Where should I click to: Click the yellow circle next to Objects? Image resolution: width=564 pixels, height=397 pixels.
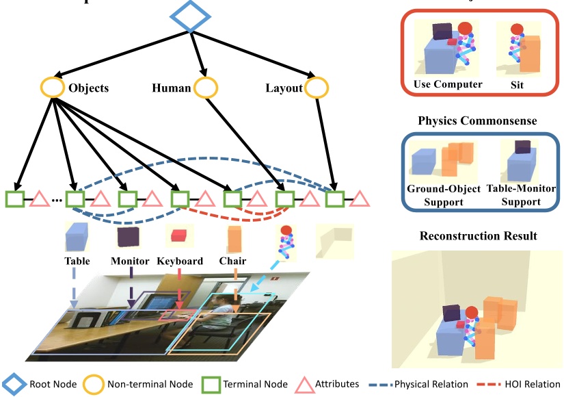53,88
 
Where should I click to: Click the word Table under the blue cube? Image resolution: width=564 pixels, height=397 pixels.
77,261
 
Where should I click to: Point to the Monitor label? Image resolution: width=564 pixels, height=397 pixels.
130,261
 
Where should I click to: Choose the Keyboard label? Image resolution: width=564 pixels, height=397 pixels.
180,261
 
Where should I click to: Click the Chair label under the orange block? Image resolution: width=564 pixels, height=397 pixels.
232,261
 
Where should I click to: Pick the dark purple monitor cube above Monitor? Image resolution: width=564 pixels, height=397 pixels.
128,236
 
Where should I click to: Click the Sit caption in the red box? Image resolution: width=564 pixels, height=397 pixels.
517,85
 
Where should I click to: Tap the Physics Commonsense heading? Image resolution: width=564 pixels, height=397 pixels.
477,120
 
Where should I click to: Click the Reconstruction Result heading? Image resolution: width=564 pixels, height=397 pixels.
477,235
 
